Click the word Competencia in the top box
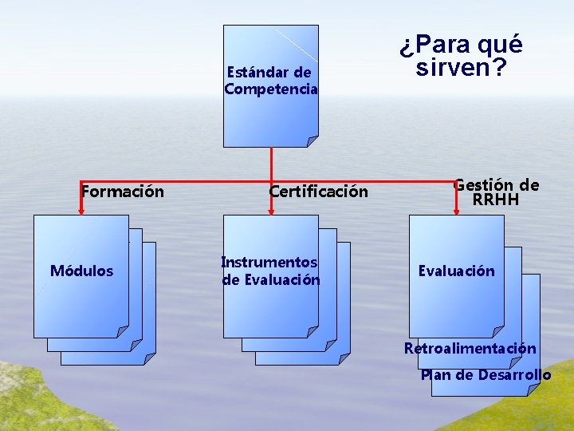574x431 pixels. pos(271,89)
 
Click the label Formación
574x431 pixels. pos(123,192)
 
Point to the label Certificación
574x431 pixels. pos(319,192)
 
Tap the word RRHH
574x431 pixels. pos(496,200)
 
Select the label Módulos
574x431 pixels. pos(81,271)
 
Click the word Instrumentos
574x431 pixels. pos(269,263)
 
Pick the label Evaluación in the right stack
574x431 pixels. pos(457,271)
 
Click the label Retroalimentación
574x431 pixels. pos(470,349)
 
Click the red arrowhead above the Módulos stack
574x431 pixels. pos(81,212)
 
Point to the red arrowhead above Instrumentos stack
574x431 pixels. pos(271,212)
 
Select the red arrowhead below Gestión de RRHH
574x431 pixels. pos(457,212)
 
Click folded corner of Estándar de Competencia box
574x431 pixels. pos(313,141)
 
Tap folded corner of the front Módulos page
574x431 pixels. pos(123,331)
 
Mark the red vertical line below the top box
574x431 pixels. pos(271,164)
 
